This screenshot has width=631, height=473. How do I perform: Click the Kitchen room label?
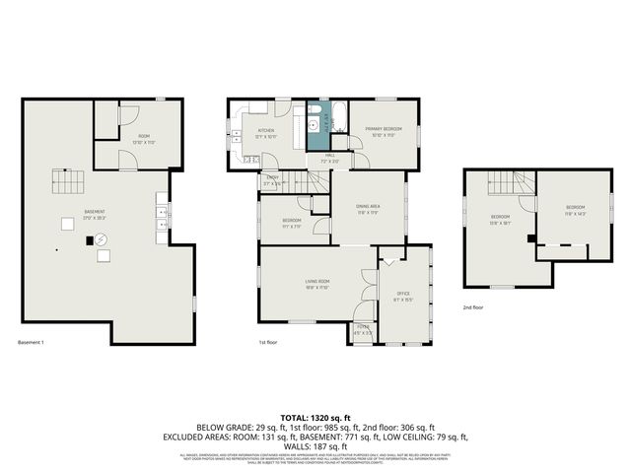pos(266,132)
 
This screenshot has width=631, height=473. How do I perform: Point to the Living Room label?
pos(316,284)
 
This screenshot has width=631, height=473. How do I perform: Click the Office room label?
pos(403,295)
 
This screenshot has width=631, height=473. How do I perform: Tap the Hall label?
pos(331,157)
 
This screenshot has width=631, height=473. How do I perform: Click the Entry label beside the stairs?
pos(272,179)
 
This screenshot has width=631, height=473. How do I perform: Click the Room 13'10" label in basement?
pos(144,138)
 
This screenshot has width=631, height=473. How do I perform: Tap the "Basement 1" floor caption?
pos(31,342)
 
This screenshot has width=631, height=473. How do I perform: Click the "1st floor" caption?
pos(268,342)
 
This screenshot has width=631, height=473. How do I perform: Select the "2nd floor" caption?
pos(474,306)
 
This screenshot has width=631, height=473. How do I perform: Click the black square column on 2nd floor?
pos(530,237)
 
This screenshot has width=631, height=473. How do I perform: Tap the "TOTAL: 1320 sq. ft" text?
pos(315,417)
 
